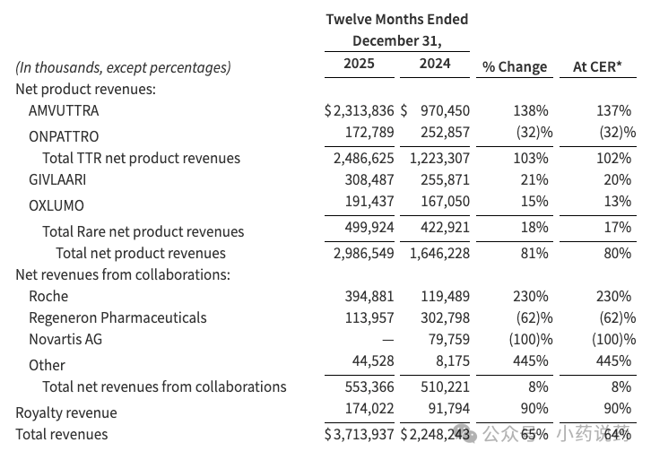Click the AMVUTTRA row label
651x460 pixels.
tap(64, 111)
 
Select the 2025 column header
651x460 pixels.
tap(359, 64)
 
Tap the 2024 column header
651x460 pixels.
tap(435, 64)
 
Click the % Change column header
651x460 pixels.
tap(515, 66)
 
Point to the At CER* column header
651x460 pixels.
tap(598, 66)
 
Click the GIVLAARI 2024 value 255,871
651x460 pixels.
tap(445, 180)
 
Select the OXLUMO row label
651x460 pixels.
tap(56, 204)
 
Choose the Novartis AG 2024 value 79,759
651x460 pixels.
tap(449, 340)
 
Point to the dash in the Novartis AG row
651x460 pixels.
tap(387, 340)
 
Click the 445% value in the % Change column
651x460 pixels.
tap(530, 361)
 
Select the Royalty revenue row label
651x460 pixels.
tap(66, 412)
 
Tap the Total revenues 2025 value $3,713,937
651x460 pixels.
tap(360, 435)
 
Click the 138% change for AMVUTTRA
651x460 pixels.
tap(530, 111)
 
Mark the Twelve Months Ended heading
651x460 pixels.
tap(396, 20)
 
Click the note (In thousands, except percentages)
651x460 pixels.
tap(123, 67)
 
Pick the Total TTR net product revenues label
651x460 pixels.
tap(142, 158)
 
